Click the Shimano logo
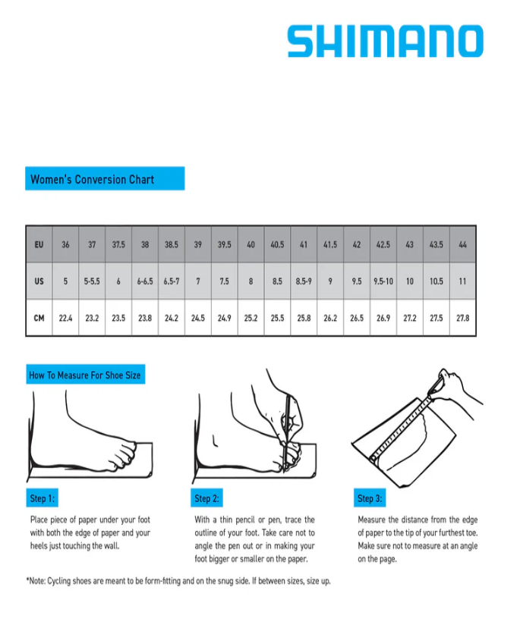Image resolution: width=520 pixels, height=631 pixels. coord(385,42)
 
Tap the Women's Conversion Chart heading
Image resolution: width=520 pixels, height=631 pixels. coord(93,179)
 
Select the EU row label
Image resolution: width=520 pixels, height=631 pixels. coord(39,245)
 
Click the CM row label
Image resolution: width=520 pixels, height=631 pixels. coord(39,318)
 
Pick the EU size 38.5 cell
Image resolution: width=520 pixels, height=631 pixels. coord(172,245)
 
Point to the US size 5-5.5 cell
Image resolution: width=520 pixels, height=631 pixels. coord(92,281)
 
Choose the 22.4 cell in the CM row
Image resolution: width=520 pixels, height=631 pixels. coord(65,318)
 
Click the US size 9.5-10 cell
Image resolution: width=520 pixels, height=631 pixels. coord(383,281)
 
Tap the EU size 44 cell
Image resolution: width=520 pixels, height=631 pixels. coord(462,245)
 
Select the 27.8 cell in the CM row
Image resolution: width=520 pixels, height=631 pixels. coord(462,318)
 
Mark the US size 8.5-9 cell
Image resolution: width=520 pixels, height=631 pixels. coord(304,281)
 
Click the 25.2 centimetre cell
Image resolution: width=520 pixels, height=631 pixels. coord(251,318)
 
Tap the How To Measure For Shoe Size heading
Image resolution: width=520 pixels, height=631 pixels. coord(84,375)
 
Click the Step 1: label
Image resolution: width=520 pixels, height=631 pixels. coord(43,498)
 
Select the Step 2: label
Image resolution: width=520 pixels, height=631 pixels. coord(206,498)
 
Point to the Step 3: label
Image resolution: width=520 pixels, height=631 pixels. coord(370,498)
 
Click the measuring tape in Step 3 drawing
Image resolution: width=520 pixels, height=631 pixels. coord(404,426)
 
